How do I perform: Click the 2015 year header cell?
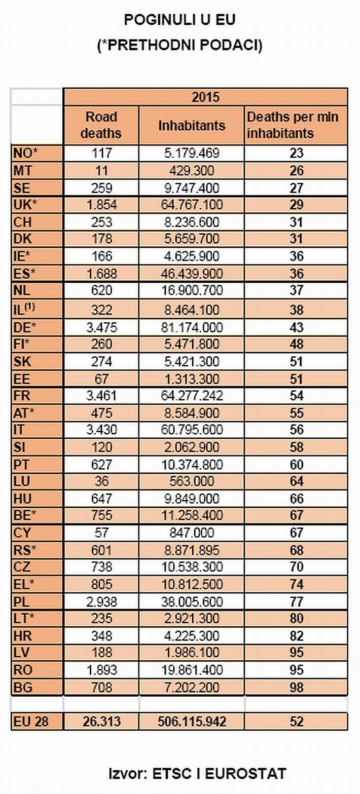click(x=205, y=96)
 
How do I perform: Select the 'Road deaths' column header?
click(x=101, y=125)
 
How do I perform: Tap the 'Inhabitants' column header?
click(x=192, y=125)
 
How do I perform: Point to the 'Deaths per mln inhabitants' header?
click(x=296, y=125)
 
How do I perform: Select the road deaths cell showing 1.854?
click(x=101, y=205)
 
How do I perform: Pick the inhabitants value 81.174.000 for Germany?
click(x=192, y=327)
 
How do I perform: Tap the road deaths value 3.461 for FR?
click(x=101, y=396)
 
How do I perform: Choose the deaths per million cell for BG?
click(x=296, y=688)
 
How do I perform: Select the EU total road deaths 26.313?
click(x=101, y=721)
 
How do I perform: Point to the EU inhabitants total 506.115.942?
click(x=192, y=721)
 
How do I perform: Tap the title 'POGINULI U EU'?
click(x=180, y=20)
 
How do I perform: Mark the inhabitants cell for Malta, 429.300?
click(x=192, y=170)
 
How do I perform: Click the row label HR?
click(x=23, y=635)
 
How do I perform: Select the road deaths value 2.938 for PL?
click(x=101, y=601)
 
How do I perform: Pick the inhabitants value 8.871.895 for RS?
click(x=192, y=550)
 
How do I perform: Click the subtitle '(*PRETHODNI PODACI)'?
click(x=180, y=46)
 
